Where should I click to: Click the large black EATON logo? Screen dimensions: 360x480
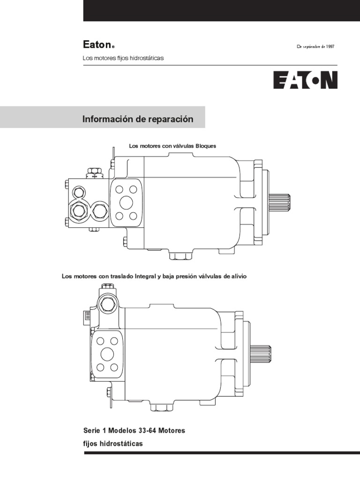(x=305, y=80)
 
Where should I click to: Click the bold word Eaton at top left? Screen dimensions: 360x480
(x=97, y=45)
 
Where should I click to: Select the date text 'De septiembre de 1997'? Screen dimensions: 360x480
(x=315, y=46)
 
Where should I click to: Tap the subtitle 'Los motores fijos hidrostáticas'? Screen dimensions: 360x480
(x=123, y=58)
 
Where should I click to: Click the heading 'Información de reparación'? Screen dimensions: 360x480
(x=138, y=119)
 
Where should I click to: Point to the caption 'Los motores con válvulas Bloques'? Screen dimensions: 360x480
(x=172, y=146)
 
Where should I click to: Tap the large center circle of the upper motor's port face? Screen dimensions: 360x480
(x=127, y=202)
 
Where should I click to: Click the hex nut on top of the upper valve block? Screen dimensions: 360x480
(x=93, y=171)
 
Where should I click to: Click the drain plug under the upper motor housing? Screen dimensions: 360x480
(x=180, y=256)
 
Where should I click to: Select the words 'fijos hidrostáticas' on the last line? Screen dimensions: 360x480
(x=112, y=443)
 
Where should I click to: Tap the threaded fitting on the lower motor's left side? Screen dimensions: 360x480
(x=86, y=317)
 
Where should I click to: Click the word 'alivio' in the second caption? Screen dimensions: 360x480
(x=237, y=277)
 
